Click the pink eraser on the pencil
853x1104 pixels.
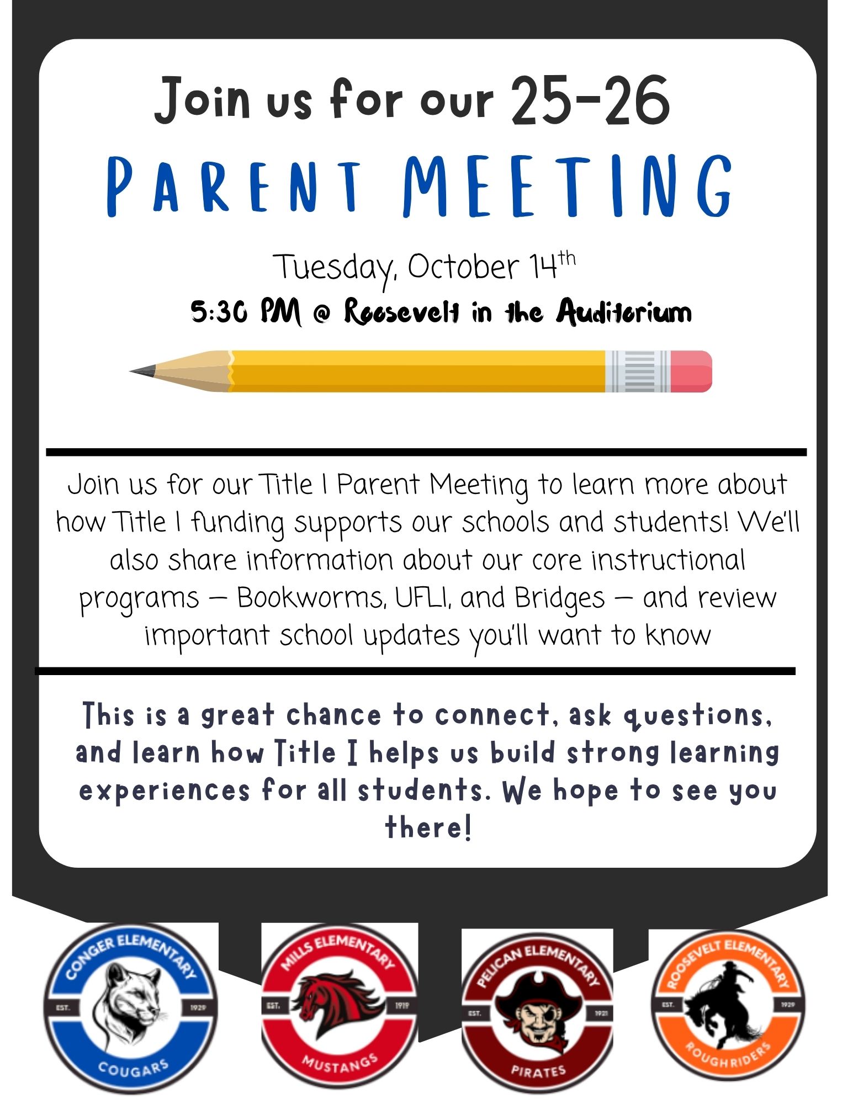pyautogui.click(x=691, y=371)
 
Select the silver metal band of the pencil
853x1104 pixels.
pyautogui.click(x=638, y=371)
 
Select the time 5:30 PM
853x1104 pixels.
pyautogui.click(x=246, y=312)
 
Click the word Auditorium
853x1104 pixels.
pyautogui.click(x=624, y=312)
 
